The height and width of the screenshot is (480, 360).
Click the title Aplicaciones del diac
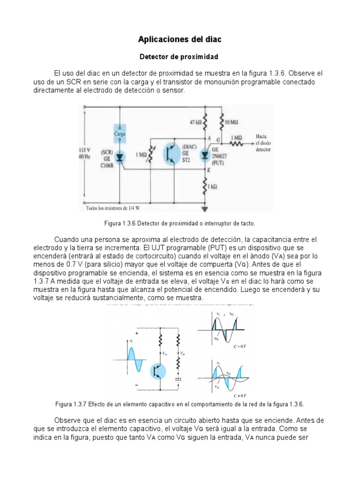click(x=180, y=40)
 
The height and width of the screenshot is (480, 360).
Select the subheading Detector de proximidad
click(x=180, y=57)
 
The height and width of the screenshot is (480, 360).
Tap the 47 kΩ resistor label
click(x=195, y=122)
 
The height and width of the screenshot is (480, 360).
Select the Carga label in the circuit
click(x=120, y=134)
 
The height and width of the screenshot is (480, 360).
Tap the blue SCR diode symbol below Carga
click(x=120, y=157)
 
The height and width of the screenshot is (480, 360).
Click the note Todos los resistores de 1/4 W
click(x=113, y=208)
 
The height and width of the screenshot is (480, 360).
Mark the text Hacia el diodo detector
click(x=263, y=142)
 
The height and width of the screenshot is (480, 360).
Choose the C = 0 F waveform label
click(x=240, y=346)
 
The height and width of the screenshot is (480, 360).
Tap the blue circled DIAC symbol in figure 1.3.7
click(x=158, y=371)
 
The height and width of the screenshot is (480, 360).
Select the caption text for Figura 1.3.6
click(x=180, y=223)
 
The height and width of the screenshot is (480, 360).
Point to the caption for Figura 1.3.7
click(x=180, y=404)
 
